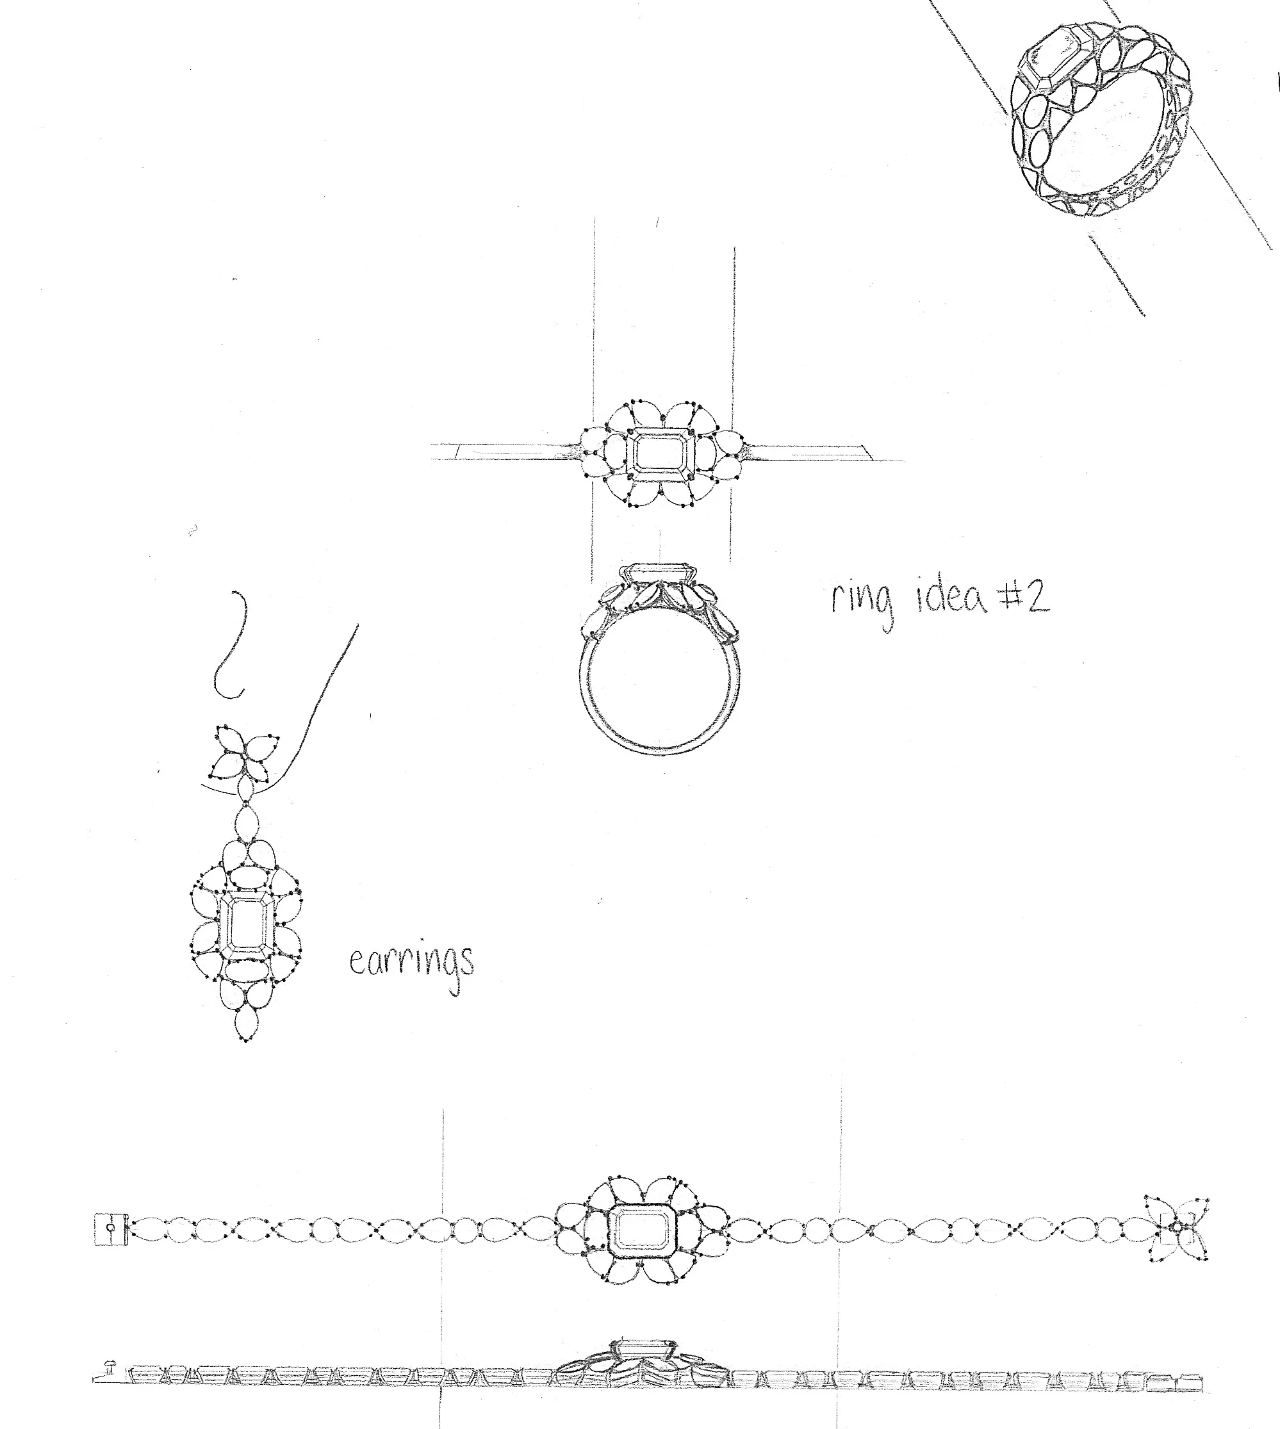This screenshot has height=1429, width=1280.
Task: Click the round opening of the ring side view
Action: click(657, 689)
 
